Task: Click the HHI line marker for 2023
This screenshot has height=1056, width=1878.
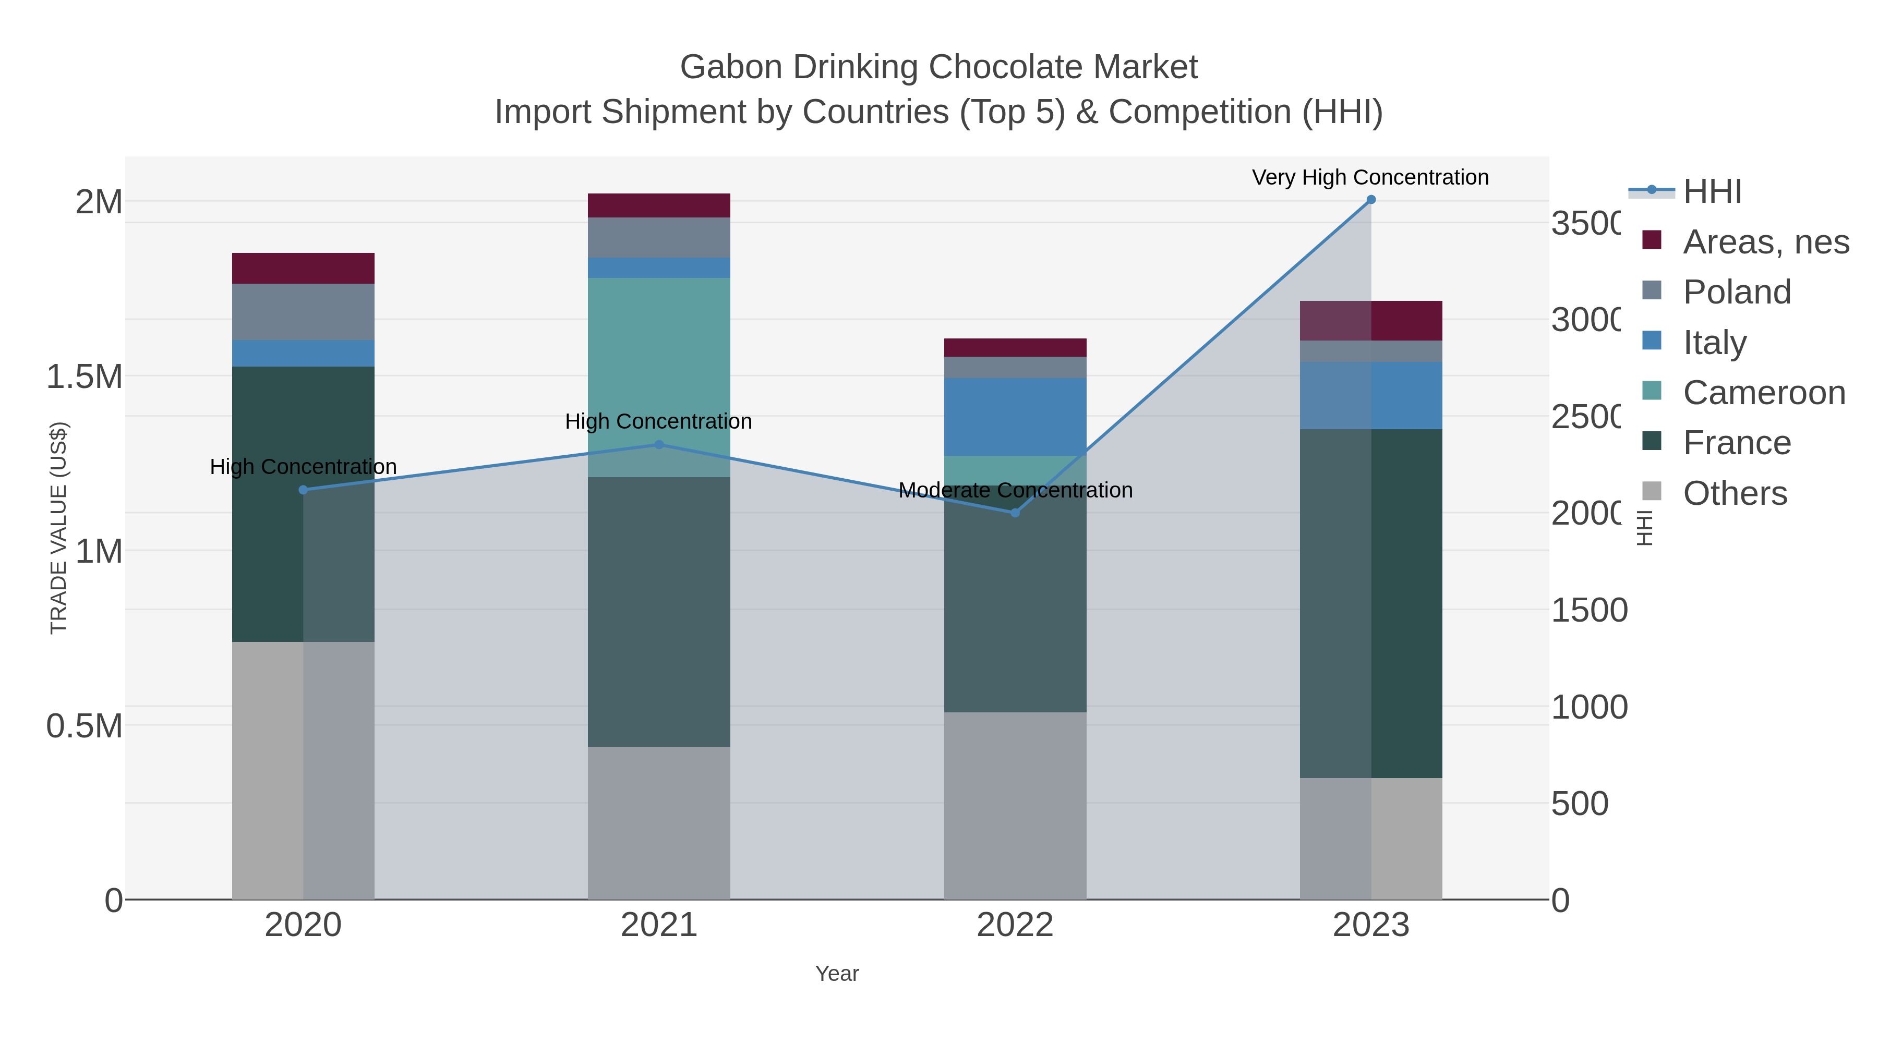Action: (x=1370, y=200)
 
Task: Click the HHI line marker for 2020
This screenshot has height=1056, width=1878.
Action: (x=303, y=490)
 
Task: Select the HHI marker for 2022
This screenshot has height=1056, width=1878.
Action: (x=1015, y=513)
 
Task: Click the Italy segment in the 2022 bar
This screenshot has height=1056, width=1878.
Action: (x=1015, y=417)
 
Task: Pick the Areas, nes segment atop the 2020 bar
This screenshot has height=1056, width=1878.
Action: (x=303, y=268)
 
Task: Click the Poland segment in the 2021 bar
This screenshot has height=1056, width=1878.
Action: (x=658, y=238)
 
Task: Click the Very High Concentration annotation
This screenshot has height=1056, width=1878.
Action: (x=1370, y=178)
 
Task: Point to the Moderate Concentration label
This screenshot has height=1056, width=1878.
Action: (x=1015, y=491)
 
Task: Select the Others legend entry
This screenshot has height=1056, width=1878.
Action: (x=1735, y=493)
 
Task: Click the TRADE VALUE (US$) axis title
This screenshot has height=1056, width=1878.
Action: (x=58, y=528)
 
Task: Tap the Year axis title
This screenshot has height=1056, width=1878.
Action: (x=837, y=974)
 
